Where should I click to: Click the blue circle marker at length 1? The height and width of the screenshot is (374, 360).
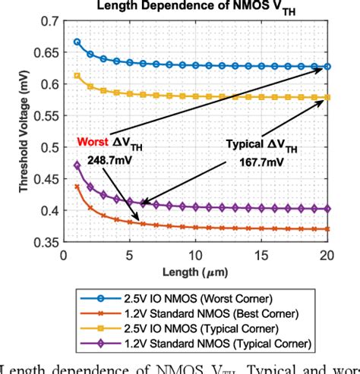point(77,42)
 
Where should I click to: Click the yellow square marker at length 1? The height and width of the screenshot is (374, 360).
point(77,76)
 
